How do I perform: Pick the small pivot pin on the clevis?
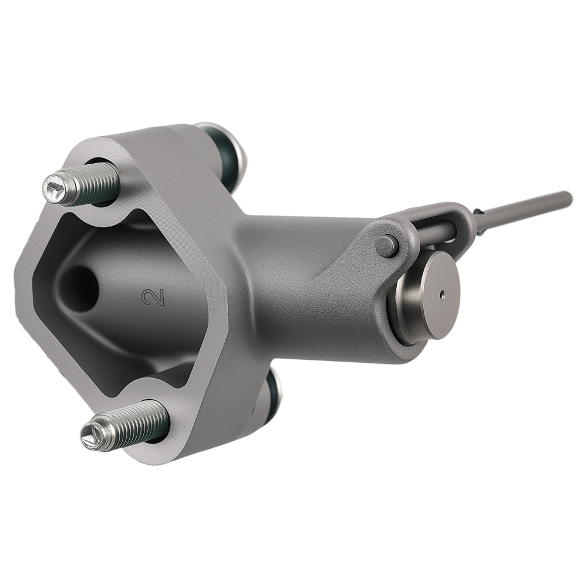(x=387, y=246)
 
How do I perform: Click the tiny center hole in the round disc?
(x=443, y=295)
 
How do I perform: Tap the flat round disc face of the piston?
(x=442, y=294)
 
